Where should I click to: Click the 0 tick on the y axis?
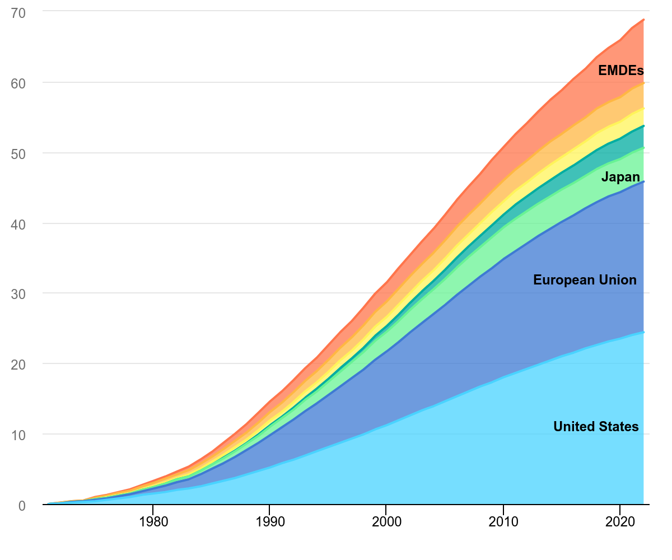pos(22,506)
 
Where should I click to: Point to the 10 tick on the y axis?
pos(18,435)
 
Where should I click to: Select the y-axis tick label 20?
pos(18,365)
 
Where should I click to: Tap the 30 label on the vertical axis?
pos(18,294)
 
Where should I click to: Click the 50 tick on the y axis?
pos(18,153)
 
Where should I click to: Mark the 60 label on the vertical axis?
pos(18,83)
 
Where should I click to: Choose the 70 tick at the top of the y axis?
pos(18,12)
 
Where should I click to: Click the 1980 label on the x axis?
pos(152,521)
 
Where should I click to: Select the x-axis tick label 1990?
pos(269,521)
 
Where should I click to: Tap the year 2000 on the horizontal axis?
pos(386,521)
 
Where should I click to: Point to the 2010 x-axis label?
pos(503,521)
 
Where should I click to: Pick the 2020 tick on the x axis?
pos(620,521)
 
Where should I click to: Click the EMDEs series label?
pos(620,71)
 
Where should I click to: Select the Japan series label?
pos(620,178)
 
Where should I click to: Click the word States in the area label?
pos(619,427)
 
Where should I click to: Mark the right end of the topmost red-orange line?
pos(643,20)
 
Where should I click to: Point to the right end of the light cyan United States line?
pos(643,332)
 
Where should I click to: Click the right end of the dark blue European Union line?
pos(643,181)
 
